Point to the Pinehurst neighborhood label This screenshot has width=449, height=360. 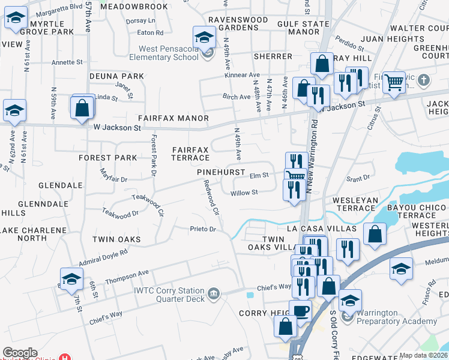(x=221, y=172)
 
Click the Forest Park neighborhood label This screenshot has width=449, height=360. (x=108, y=158)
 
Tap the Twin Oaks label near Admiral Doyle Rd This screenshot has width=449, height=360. (x=116, y=239)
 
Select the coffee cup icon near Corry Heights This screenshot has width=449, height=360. (x=301, y=311)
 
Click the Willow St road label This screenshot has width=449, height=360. (x=244, y=193)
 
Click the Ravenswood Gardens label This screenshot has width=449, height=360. (x=238, y=23)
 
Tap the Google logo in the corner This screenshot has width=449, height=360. (x=19, y=353)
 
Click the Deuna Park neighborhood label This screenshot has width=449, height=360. (x=117, y=76)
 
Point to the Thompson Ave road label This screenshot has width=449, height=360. (x=127, y=277)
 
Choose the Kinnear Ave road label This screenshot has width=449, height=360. (x=242, y=75)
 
